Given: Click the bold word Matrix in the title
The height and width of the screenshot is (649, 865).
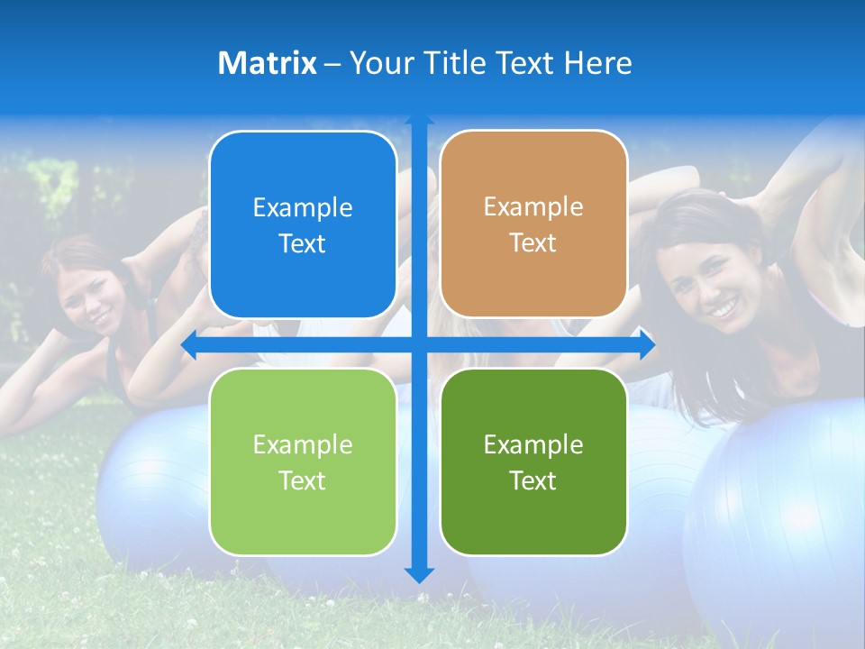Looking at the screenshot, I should [267, 63].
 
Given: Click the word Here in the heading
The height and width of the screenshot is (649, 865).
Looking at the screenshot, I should [597, 63].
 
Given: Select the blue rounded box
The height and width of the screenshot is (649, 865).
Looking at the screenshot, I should [303, 224].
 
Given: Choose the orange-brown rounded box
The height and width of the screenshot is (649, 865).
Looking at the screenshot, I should [533, 224].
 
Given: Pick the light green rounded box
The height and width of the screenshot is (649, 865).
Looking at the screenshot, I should [303, 462].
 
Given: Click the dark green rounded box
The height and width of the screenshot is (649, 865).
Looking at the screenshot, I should [533, 462].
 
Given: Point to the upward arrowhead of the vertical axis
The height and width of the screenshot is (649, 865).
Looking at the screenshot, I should [419, 121].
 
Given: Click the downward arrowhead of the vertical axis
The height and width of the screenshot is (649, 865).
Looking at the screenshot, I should [419, 574].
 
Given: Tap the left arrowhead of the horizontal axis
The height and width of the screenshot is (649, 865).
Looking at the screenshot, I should [189, 344].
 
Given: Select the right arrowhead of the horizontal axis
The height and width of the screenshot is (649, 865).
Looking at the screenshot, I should [647, 344].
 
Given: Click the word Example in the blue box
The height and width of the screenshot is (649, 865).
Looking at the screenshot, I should [303, 207].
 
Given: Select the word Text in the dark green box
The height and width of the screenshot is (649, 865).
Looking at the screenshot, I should [533, 480].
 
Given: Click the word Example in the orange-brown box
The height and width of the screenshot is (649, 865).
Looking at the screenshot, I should [533, 206].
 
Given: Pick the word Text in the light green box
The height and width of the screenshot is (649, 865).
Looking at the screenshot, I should [303, 480].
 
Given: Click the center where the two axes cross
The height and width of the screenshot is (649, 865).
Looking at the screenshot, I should [419, 344].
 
